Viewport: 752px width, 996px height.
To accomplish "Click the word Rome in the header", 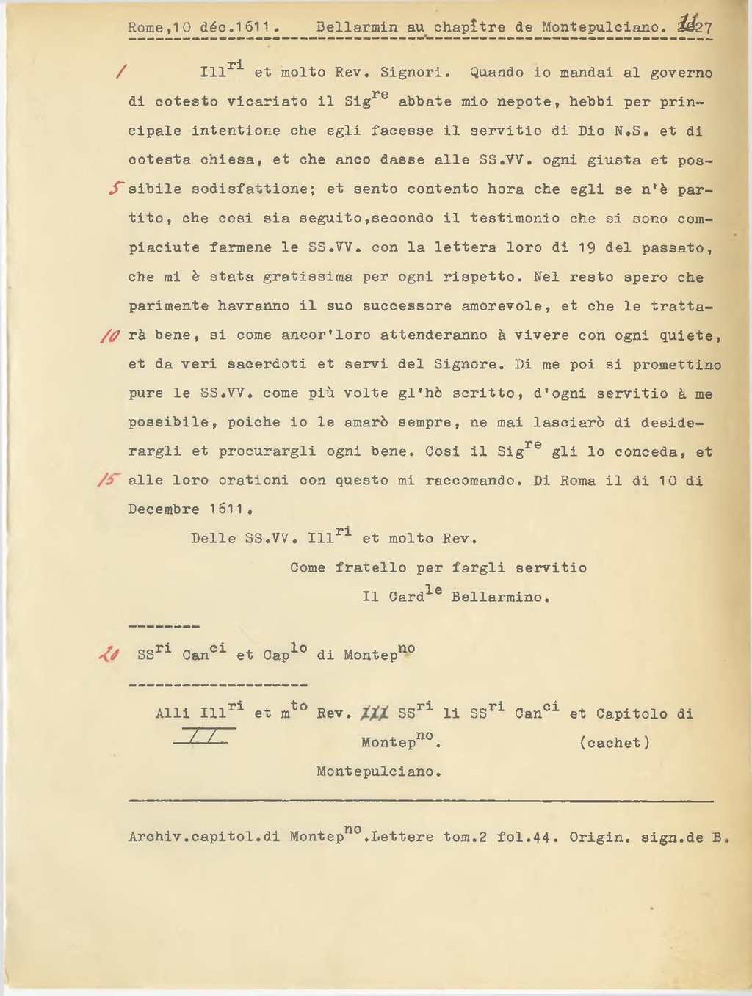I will click(x=144, y=28).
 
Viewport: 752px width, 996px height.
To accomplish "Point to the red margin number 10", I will click(x=110, y=336).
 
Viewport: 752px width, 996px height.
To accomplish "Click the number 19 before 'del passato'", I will click(x=587, y=247).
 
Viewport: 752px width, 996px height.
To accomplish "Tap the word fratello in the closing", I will click(x=371, y=567).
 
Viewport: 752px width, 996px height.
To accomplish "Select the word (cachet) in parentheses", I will click(x=615, y=743).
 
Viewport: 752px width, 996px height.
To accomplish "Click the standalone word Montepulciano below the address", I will click(x=379, y=771).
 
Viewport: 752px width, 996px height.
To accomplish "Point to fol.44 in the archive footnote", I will click(x=524, y=837).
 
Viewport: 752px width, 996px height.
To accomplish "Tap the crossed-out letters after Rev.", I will click(x=375, y=713).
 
